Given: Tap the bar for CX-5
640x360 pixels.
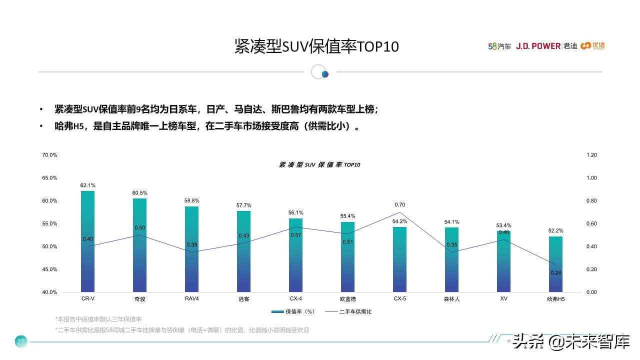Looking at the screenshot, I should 399,259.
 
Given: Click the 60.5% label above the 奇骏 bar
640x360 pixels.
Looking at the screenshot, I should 139,193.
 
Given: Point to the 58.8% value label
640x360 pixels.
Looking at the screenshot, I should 191,201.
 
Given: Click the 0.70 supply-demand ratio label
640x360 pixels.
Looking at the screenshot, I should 399,205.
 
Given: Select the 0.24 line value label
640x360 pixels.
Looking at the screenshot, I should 555,273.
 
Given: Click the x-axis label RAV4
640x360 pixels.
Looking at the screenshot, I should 191,299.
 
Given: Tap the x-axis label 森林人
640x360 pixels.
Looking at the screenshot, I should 451,299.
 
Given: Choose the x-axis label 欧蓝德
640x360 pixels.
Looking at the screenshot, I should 347,299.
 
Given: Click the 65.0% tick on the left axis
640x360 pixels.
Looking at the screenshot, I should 49,178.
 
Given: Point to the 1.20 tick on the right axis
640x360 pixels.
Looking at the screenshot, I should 591,155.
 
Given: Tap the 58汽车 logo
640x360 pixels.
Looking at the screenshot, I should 499,46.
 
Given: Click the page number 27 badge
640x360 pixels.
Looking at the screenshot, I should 20,342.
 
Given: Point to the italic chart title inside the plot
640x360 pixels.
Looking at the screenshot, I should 319,164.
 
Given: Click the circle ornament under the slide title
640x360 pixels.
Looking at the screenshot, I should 319,72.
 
